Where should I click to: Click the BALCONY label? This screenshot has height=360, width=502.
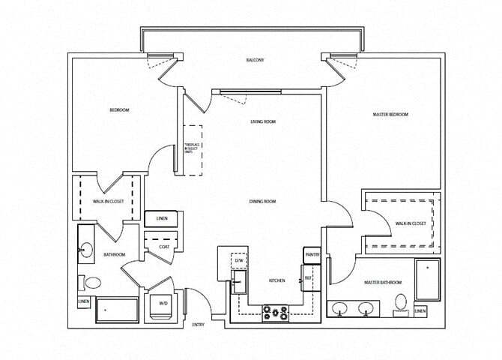[255, 60]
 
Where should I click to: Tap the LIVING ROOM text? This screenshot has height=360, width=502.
[264, 121]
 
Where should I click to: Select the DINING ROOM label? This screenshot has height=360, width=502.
[264, 201]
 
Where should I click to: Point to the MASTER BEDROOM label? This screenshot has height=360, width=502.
[390, 114]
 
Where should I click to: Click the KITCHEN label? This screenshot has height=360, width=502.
[277, 280]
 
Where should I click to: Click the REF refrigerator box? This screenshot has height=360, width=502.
[308, 278]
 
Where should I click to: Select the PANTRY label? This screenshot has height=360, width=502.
[312, 255]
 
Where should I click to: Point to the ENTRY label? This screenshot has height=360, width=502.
[199, 325]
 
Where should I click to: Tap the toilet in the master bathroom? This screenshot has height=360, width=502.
[401, 303]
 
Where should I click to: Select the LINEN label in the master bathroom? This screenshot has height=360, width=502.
[421, 311]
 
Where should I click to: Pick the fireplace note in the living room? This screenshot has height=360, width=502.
[192, 149]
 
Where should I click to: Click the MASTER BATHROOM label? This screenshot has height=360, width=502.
[383, 282]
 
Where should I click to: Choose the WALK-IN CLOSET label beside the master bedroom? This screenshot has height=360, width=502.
[411, 223]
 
